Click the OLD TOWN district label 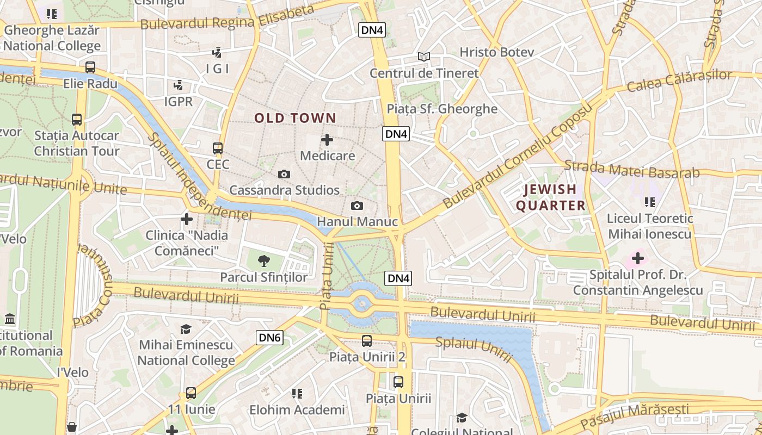click(295, 118)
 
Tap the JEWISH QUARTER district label click(550, 197)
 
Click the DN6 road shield click(269, 338)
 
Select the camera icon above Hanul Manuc click(357, 206)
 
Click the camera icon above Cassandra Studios click(284, 174)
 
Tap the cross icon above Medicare click(327, 140)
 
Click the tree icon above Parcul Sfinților click(263, 261)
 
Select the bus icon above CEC click(218, 148)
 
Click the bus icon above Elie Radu click(90, 67)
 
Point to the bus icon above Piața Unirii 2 click(367, 341)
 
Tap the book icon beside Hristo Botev click(424, 56)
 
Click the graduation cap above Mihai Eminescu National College click(186, 329)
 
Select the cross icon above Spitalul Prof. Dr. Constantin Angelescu click(637, 258)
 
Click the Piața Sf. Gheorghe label click(441, 109)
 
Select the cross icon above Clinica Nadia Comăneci click(186, 219)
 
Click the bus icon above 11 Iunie click(190, 393)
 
